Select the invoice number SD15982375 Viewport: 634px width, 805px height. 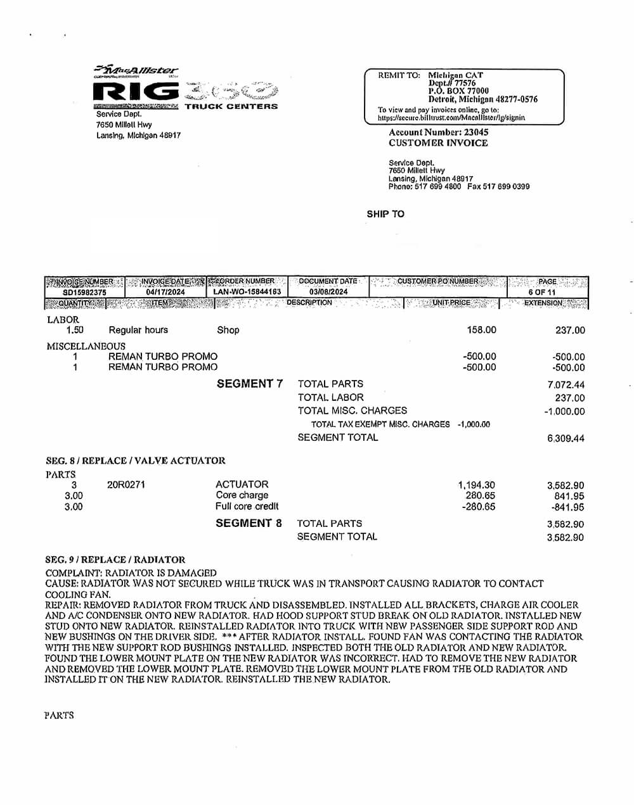(85, 292)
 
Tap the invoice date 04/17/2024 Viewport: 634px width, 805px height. (165, 292)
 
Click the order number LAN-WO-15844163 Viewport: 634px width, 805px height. (247, 292)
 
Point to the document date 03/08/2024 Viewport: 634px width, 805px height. (328, 292)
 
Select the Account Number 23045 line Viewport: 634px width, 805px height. (438, 132)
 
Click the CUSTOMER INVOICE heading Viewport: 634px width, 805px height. (438, 143)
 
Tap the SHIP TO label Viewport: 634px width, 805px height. (385, 214)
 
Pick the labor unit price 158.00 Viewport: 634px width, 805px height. (481, 330)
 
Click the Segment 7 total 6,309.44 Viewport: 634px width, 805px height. (566, 438)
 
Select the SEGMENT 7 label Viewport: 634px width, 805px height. (250, 384)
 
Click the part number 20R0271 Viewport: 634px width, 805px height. (126, 485)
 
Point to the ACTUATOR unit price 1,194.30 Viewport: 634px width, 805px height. (477, 485)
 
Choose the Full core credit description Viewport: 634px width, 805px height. (247, 507)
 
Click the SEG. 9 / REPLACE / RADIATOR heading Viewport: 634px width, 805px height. (115, 560)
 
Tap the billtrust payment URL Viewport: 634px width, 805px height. (451, 118)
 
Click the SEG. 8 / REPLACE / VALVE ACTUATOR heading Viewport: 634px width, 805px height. (136, 460)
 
